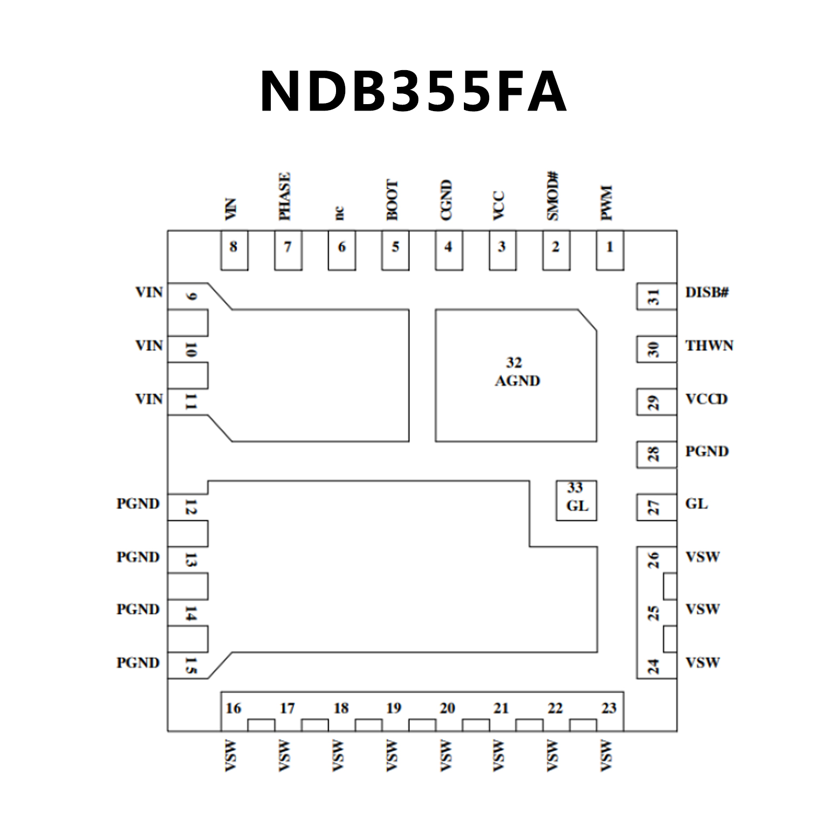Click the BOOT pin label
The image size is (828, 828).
[392, 200]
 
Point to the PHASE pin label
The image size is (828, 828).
[284, 196]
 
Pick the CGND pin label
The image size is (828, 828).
[446, 200]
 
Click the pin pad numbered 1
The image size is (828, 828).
[610, 250]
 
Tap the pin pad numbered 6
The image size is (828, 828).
[341, 250]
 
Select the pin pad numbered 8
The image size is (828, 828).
[234, 250]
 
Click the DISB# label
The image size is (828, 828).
[707, 292]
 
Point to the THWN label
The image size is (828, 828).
[709, 345]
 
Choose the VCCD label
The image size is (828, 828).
[706, 399]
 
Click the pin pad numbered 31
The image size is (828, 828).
[656, 297]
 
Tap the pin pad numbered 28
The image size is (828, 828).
[656, 455]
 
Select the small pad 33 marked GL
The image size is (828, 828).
[576, 500]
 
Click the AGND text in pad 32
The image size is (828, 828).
[517, 381]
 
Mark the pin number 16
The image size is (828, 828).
[234, 708]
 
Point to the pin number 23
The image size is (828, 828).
[609, 708]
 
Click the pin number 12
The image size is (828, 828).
[190, 507]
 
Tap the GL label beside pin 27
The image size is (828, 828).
[696, 504]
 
